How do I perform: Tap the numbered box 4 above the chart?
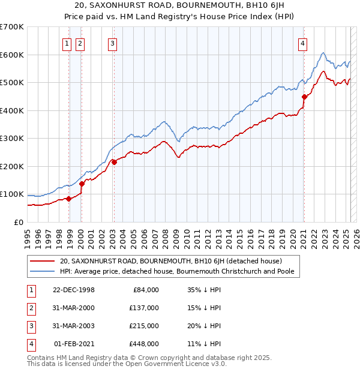coord(304,43)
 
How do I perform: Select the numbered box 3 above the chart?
coord(113,43)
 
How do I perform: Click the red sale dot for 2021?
coord(304,97)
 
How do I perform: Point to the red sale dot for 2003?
coord(114,162)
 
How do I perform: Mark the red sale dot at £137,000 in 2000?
coord(82,184)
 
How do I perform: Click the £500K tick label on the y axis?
coord(11,83)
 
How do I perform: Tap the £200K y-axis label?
coord(11,166)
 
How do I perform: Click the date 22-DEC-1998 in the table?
coord(74,290)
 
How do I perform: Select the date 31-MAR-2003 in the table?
coord(74,326)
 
